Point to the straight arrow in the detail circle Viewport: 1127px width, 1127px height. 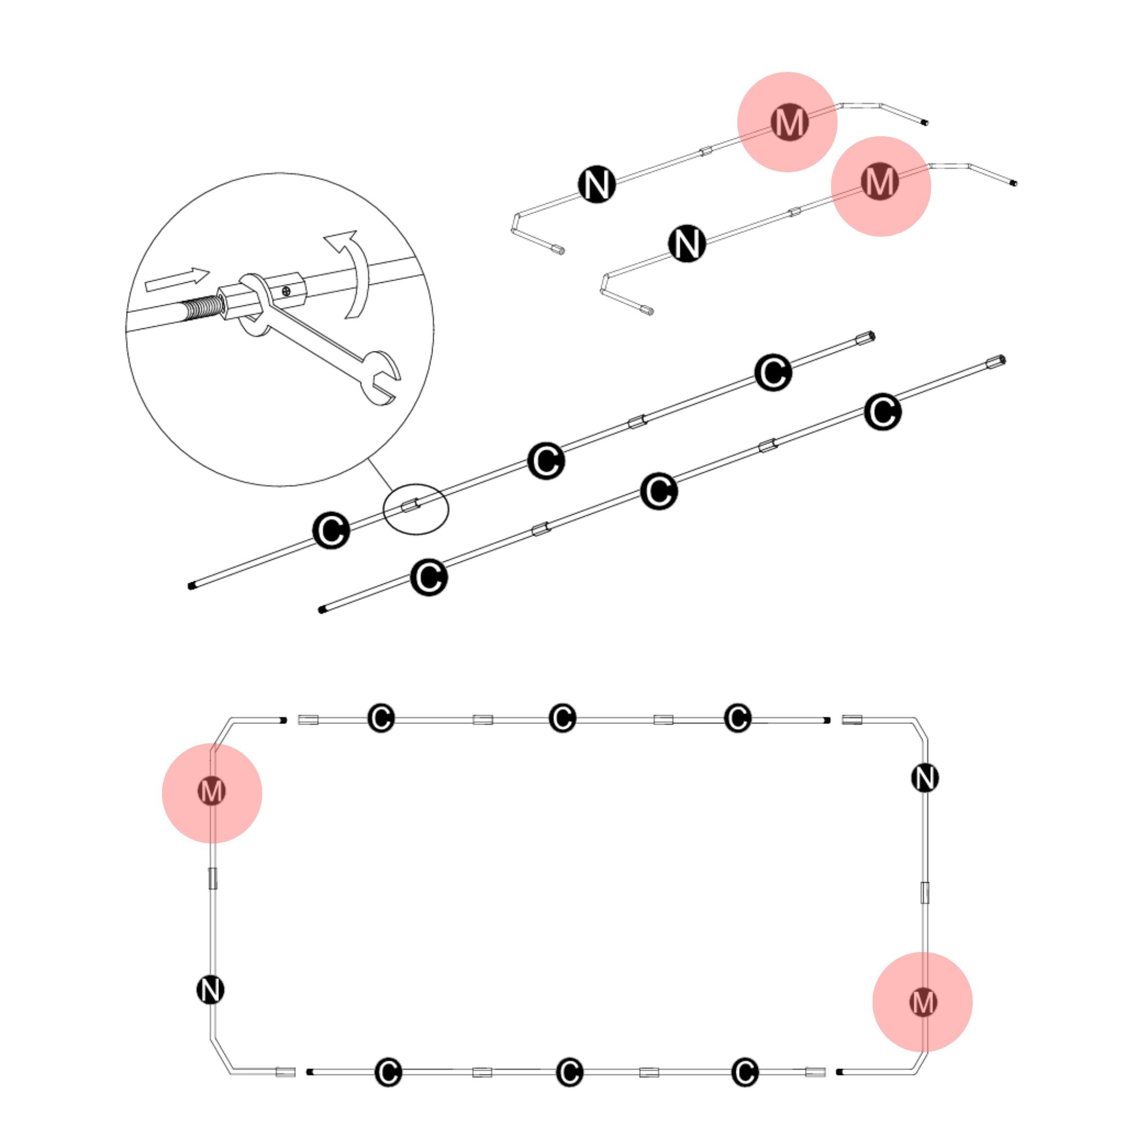(x=177, y=281)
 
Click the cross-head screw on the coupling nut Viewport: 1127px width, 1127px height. (x=286, y=290)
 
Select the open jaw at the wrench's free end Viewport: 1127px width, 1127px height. (x=380, y=380)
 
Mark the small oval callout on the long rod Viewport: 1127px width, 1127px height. (x=415, y=508)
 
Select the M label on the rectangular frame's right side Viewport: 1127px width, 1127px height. (x=923, y=1002)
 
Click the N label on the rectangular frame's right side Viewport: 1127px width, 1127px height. (x=925, y=778)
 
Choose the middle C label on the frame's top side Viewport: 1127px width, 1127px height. (x=562, y=718)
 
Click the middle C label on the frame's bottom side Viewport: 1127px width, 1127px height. (x=569, y=1072)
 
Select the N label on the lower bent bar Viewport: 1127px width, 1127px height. (x=686, y=243)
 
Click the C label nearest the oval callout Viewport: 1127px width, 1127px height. (x=331, y=530)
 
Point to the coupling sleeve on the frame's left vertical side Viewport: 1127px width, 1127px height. (x=213, y=878)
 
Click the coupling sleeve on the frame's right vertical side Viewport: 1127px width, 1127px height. (x=925, y=892)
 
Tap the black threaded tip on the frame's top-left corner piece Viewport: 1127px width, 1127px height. (x=283, y=720)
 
